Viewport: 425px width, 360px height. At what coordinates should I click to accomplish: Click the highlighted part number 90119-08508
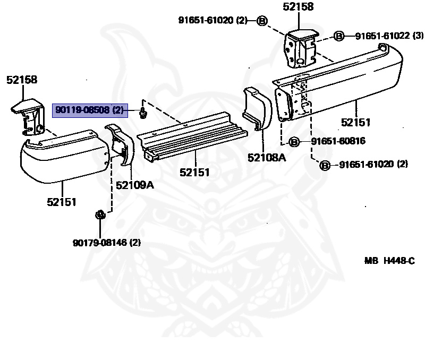89,110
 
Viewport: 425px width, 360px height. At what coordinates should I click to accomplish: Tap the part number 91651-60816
338,141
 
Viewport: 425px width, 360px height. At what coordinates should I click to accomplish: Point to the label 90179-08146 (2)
107,243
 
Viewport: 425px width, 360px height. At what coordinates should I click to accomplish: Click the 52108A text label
267,158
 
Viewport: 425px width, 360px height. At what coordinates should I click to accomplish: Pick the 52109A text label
135,185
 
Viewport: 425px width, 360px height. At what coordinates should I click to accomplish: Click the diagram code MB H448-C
389,261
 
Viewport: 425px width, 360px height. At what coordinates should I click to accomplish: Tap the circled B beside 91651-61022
339,36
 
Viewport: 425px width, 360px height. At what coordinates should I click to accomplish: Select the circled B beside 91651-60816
295,142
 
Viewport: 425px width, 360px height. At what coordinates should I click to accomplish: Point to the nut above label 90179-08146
99,215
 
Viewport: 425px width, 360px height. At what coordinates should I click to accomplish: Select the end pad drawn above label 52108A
257,109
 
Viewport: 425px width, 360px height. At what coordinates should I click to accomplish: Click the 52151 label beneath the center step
194,172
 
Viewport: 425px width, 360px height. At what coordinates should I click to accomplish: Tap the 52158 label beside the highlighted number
22,80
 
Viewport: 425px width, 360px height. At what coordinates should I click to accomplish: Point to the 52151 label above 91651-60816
355,122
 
